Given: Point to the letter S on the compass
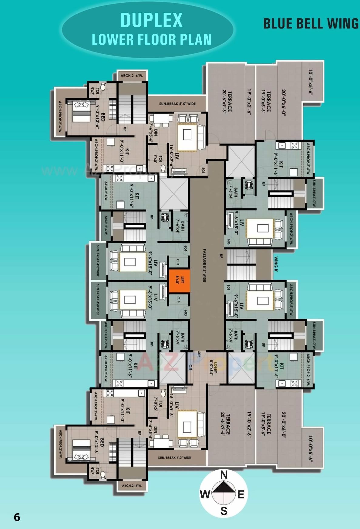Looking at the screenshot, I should (x=224, y=511).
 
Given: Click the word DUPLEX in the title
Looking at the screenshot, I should (x=151, y=20).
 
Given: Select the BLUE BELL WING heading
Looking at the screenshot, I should (x=311, y=24).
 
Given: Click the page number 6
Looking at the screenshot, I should (x=17, y=517).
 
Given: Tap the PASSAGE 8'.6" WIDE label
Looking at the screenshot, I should (x=204, y=265).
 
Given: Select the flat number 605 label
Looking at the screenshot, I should (x=203, y=171).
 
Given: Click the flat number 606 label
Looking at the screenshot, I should (x=228, y=242).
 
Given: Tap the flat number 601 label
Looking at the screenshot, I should (x=228, y=287).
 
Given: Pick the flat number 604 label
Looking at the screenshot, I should (x=185, y=249).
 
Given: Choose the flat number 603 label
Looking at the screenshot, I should (x=185, y=313).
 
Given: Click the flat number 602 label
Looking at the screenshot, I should (x=199, y=354).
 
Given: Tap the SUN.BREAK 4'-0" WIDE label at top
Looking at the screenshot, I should (x=177, y=104).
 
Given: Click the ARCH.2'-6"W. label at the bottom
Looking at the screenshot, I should (x=132, y=486).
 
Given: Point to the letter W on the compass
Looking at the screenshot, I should (x=205, y=494).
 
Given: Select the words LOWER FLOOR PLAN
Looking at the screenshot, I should (x=151, y=39).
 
